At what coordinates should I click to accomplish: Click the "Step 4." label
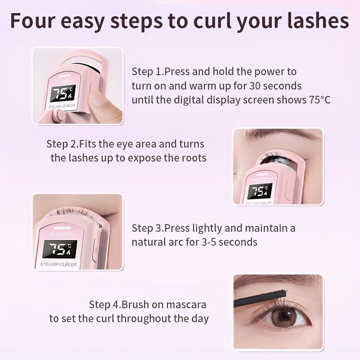click(x=105, y=304)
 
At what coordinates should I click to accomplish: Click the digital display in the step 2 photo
click(x=260, y=191)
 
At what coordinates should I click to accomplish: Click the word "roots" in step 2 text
click(x=192, y=158)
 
